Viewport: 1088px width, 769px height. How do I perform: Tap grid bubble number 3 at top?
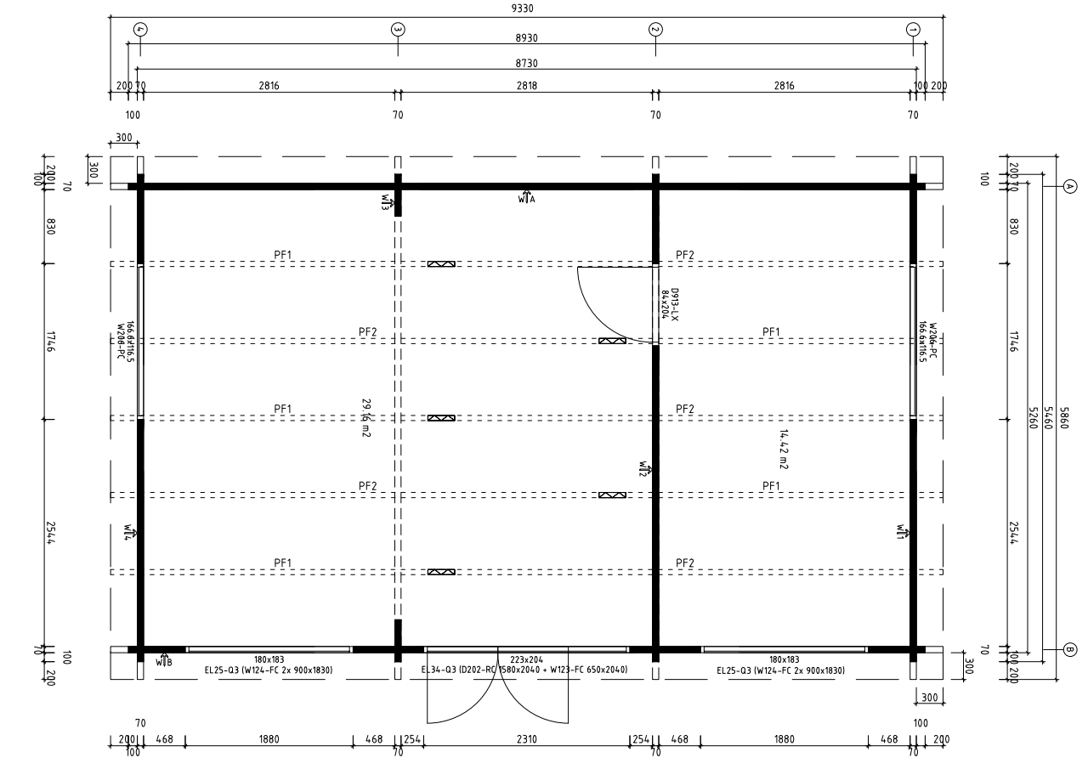pos(398,29)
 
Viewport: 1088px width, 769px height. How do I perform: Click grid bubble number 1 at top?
pos(913,29)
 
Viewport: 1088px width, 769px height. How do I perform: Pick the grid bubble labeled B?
pos(1070,650)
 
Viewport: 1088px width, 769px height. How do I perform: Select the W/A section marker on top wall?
pos(527,197)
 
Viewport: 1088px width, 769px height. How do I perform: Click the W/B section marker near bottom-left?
pos(164,660)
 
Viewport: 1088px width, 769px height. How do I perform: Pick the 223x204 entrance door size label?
pos(526,659)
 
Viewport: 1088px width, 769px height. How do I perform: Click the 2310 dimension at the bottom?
pos(526,739)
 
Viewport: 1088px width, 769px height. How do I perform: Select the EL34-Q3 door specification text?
pos(525,670)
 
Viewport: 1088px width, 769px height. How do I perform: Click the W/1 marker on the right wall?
pos(902,533)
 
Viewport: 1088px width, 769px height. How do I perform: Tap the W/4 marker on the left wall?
pos(129,533)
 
